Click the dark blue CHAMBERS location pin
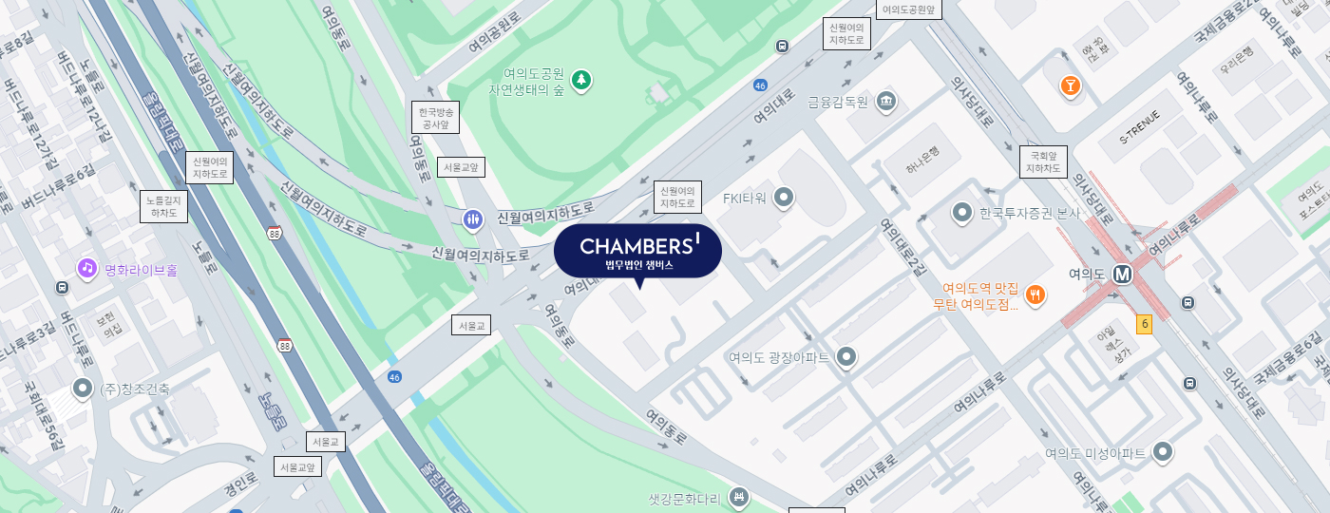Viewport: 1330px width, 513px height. point(637,252)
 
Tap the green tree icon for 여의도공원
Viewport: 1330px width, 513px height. point(580,81)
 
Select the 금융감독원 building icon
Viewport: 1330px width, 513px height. point(885,102)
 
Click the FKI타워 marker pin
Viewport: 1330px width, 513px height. point(784,198)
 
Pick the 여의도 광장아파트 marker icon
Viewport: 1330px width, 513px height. point(846,357)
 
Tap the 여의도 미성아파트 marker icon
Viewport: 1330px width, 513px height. point(1162,453)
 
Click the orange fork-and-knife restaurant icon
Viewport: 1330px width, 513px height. point(1035,294)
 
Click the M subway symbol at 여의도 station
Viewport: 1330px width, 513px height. point(1123,274)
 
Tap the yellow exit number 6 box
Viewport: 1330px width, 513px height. point(1145,324)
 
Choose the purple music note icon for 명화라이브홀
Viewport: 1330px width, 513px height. point(87,269)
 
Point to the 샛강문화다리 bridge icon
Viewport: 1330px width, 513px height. point(738,498)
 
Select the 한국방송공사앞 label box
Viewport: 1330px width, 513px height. point(435,117)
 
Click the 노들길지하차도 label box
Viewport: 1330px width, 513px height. point(164,207)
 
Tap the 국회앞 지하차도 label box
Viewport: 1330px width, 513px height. point(1043,162)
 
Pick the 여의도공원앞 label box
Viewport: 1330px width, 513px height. point(909,10)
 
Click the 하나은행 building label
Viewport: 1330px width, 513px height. point(921,162)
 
